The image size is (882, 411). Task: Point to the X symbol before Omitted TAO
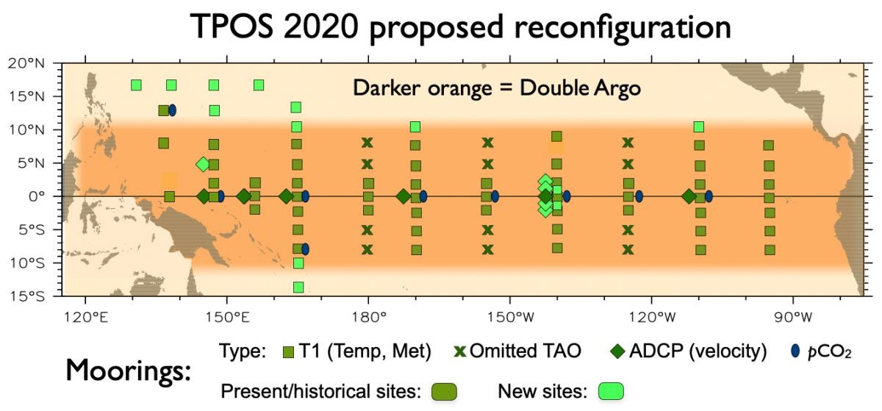[461, 351]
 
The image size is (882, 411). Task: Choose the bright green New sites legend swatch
[611, 391]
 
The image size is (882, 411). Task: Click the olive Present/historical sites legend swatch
[444, 391]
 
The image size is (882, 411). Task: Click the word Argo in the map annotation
[612, 87]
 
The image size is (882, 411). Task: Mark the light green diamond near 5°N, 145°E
[203, 164]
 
